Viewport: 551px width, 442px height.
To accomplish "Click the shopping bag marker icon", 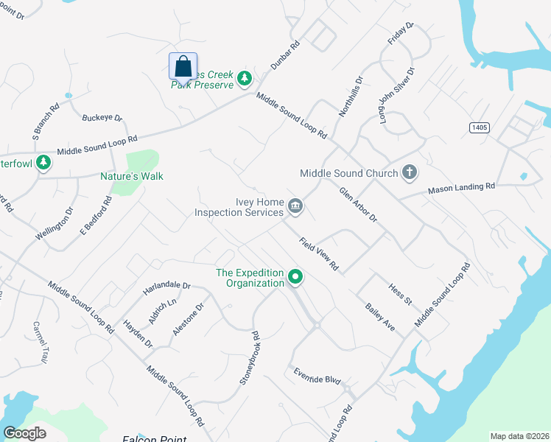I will (x=183, y=66).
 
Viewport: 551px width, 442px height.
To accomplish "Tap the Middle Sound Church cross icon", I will (x=410, y=173).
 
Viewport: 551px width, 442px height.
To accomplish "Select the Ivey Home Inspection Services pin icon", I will (x=295, y=206).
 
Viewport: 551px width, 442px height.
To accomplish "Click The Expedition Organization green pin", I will (x=295, y=278).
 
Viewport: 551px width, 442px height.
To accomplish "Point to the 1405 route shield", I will (x=480, y=127).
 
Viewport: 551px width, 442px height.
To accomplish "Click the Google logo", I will (x=24, y=432).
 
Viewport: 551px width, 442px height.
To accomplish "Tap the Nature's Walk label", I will (x=132, y=176).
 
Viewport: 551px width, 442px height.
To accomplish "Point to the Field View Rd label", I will (x=319, y=253).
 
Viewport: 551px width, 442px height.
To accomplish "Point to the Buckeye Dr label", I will (x=102, y=118).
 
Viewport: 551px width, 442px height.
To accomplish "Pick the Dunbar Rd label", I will (x=285, y=55).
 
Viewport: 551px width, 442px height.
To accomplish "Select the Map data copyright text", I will (x=519, y=436).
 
